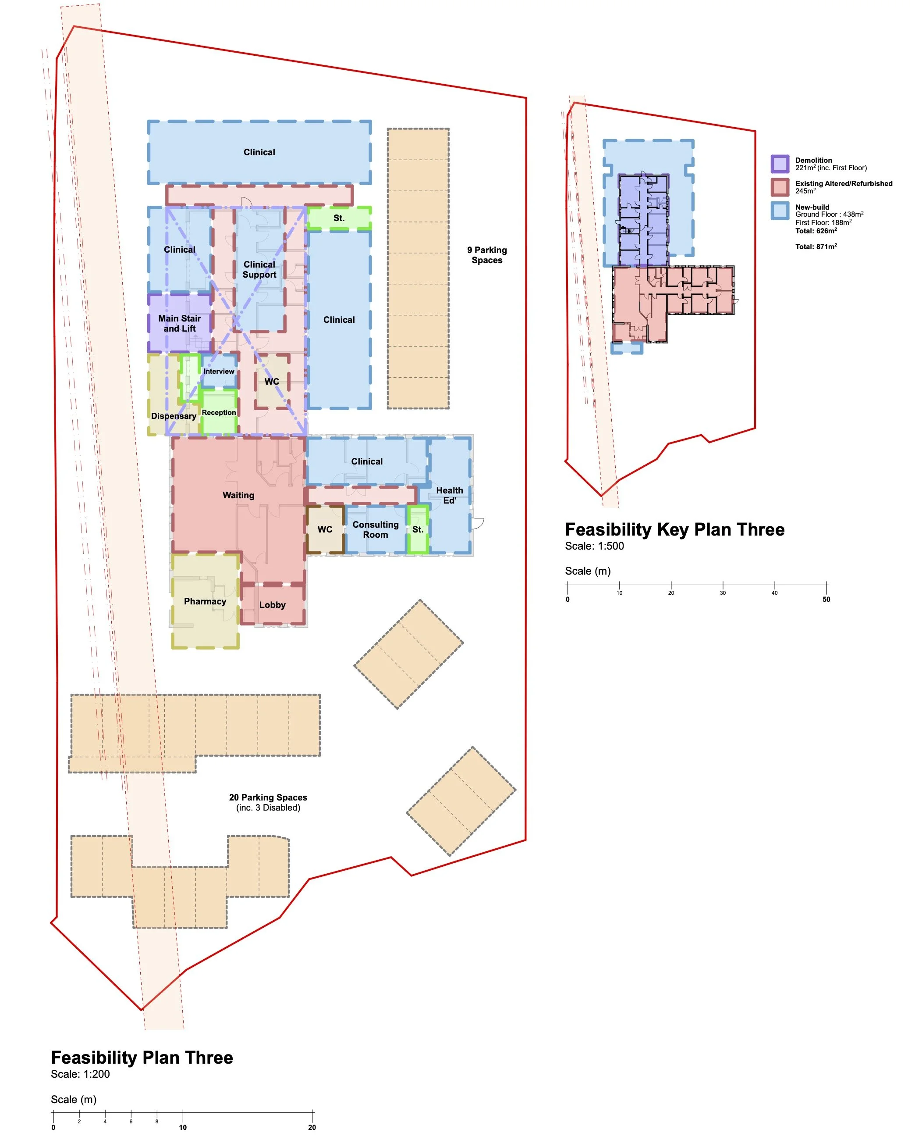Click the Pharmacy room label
[205, 601]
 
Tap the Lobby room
[273, 604]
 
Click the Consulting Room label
[376, 529]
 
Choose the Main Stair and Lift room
[180, 323]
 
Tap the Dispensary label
[174, 416]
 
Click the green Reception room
[219, 412]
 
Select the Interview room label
[219, 371]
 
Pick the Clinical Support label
[259, 269]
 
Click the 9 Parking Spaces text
[487, 255]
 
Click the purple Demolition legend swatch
[780, 164]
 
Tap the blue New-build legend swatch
[780, 211]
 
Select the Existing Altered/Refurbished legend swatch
[780, 187]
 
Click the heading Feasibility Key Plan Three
[674, 529]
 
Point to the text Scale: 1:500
[594, 546]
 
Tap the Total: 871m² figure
[816, 247]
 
